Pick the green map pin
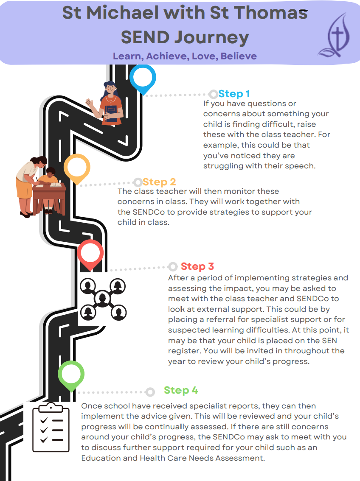coord(71,375)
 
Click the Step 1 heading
coord(234,94)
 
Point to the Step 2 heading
coord(159,182)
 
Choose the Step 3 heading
coord(197,266)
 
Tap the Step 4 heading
coord(181,390)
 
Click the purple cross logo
coord(335,36)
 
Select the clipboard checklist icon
coord(51,427)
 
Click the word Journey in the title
coord(211,37)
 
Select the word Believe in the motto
coord(239,56)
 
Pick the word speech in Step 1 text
coord(299,166)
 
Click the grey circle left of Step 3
coord(173,266)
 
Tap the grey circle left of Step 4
coord(150,392)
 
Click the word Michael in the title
coord(123,13)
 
